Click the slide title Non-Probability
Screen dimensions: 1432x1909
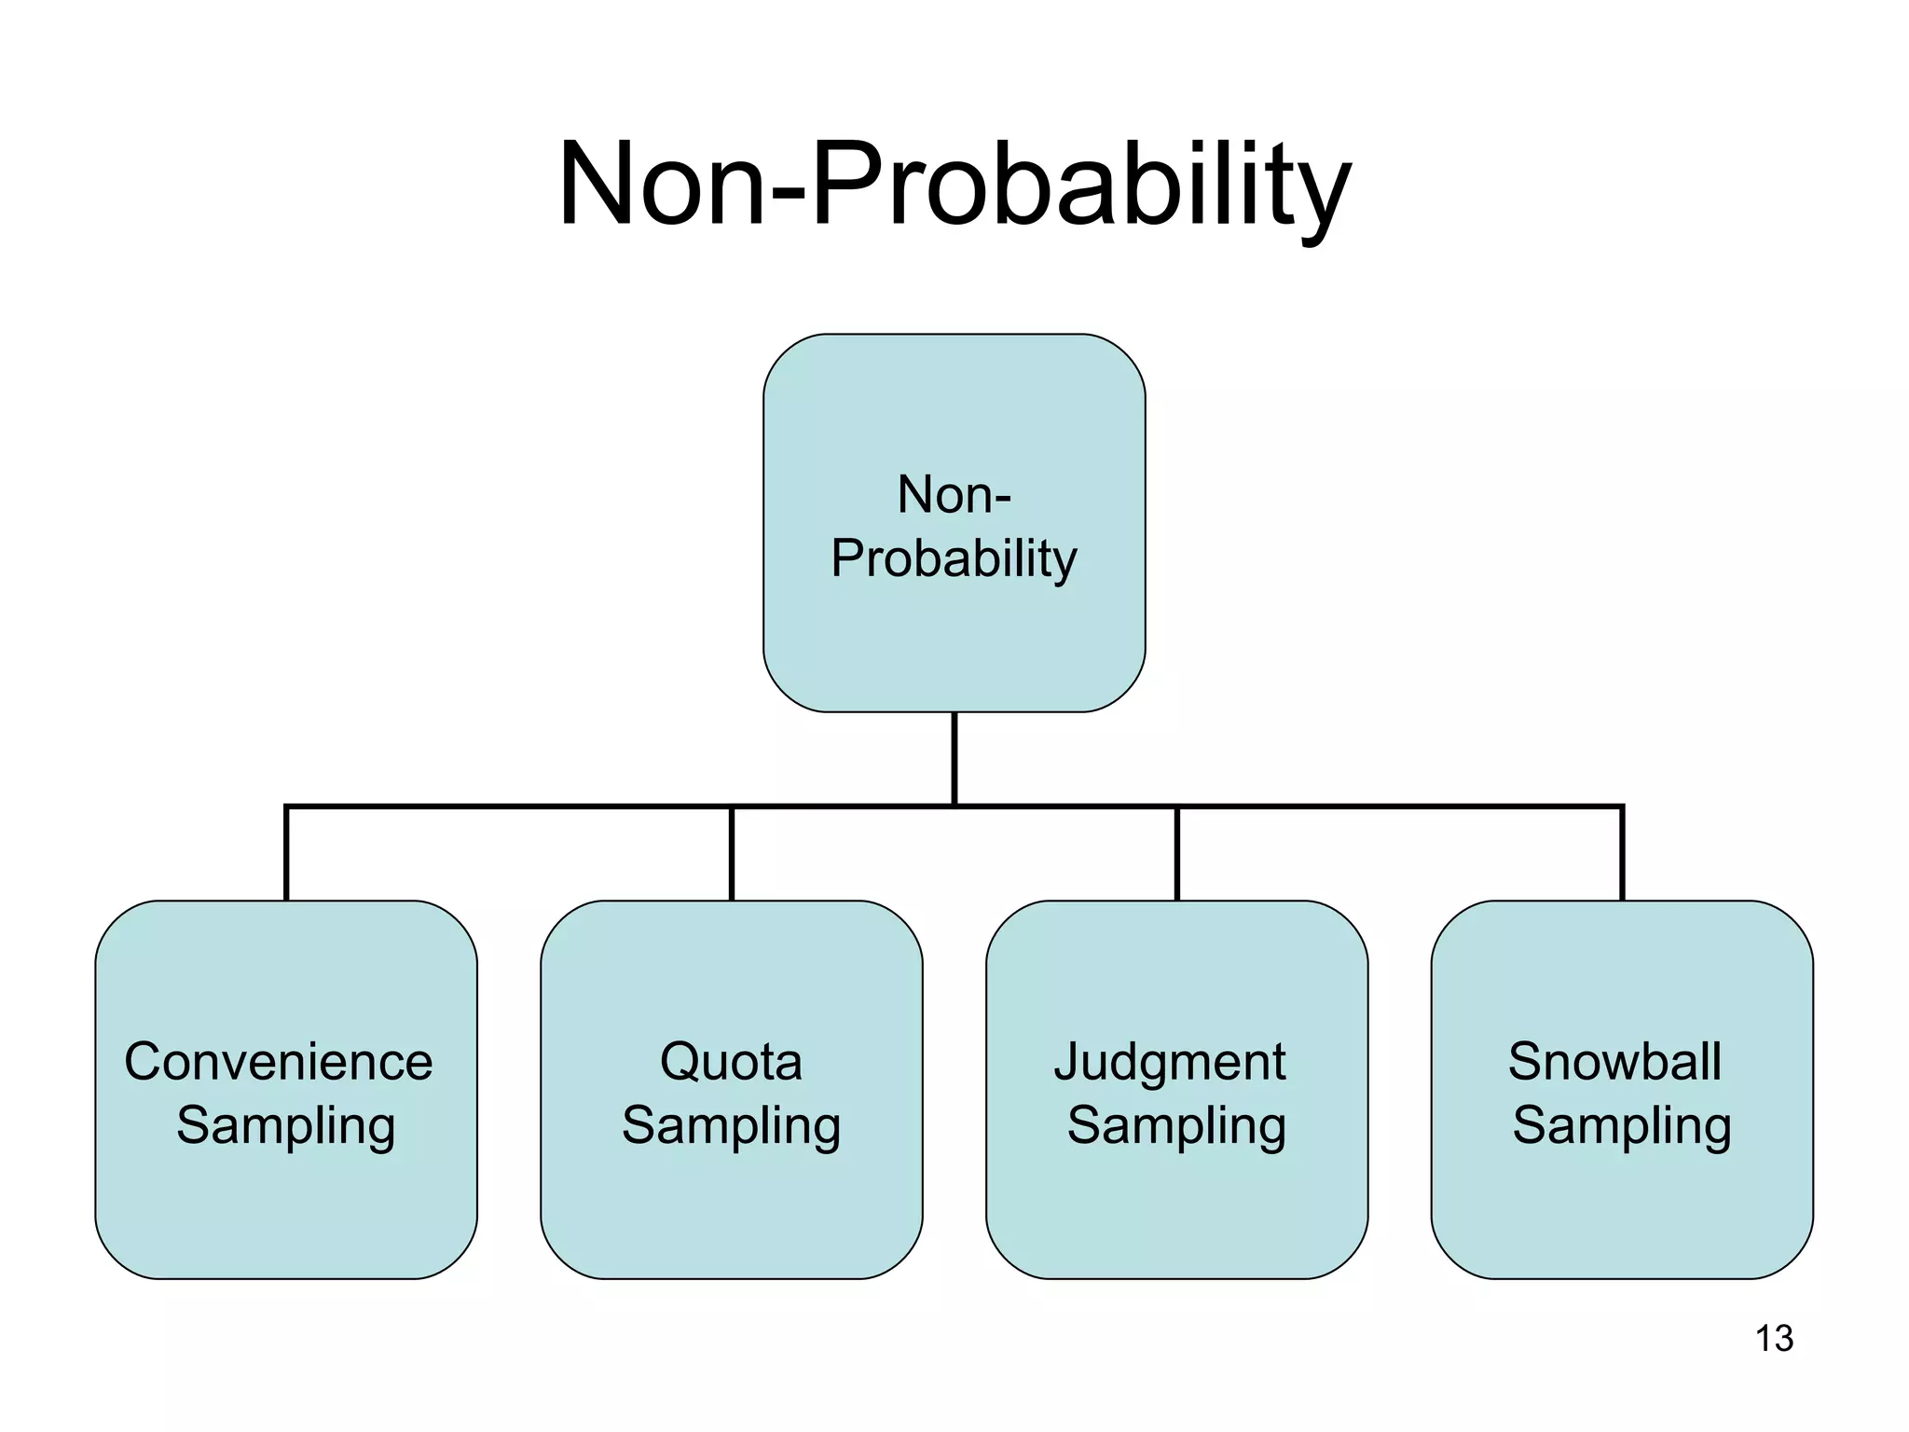tap(954, 184)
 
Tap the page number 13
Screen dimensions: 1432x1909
tap(1774, 1339)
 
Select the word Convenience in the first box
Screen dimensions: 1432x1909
tap(279, 1062)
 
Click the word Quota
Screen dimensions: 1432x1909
tap(731, 1062)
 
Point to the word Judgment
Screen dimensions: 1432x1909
tap(1170, 1063)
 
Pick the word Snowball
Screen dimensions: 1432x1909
tap(1614, 1062)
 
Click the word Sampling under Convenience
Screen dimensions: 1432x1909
tap(286, 1125)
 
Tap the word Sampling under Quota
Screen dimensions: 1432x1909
tap(731, 1125)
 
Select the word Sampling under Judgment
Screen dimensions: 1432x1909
tap(1176, 1125)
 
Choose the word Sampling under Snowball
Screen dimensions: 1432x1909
tap(1622, 1125)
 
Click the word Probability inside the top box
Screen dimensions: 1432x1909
tap(954, 558)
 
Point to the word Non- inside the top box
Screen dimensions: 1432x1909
tap(954, 494)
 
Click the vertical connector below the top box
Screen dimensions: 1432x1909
tap(954, 757)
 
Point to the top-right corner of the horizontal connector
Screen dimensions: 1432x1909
tap(1622, 806)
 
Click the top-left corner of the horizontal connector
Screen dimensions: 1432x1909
tap(286, 806)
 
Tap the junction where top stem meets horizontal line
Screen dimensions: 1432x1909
tap(954, 805)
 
